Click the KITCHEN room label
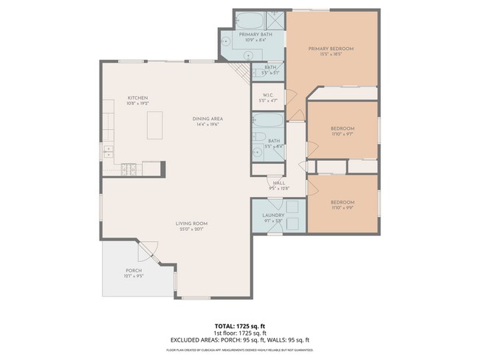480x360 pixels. (x=138, y=97)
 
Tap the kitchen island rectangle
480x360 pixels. (x=155, y=125)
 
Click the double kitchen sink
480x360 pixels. (x=108, y=152)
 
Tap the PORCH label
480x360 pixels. (x=133, y=271)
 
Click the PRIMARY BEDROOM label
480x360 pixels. (x=330, y=49)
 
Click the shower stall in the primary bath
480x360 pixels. (x=272, y=20)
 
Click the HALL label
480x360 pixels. (x=279, y=183)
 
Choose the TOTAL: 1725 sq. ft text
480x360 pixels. (x=239, y=325)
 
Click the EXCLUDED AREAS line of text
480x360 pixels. (x=239, y=339)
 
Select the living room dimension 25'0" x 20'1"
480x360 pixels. (x=191, y=229)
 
